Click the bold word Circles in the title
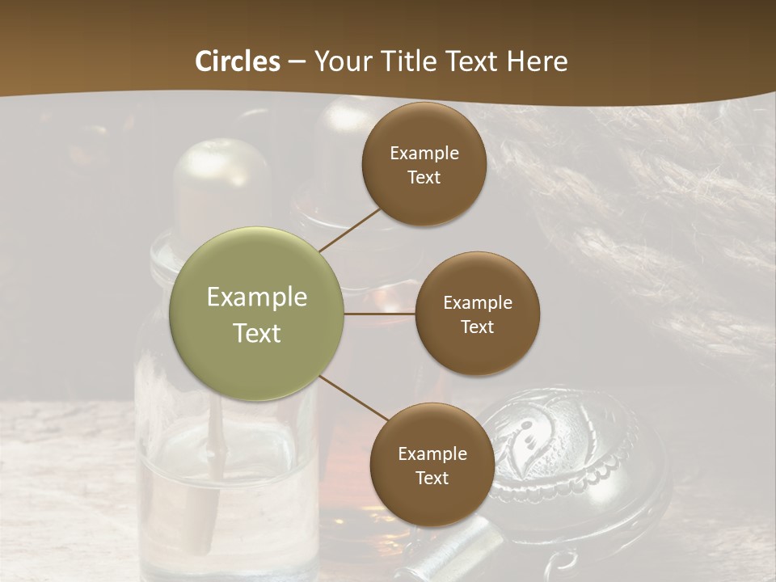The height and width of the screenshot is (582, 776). coord(238,61)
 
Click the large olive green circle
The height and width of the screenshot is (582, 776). coord(257,314)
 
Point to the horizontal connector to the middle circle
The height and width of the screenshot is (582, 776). coord(380,314)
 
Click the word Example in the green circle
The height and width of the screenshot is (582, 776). coord(257,297)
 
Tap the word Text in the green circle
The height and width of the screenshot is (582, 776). coord(257,333)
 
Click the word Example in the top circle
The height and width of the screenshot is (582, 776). coord(424,153)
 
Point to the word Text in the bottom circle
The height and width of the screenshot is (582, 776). coord(432,478)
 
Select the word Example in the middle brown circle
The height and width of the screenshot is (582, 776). coord(478,302)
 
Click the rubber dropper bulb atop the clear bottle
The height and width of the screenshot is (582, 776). coord(222,174)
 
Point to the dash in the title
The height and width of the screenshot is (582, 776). coord(297,62)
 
